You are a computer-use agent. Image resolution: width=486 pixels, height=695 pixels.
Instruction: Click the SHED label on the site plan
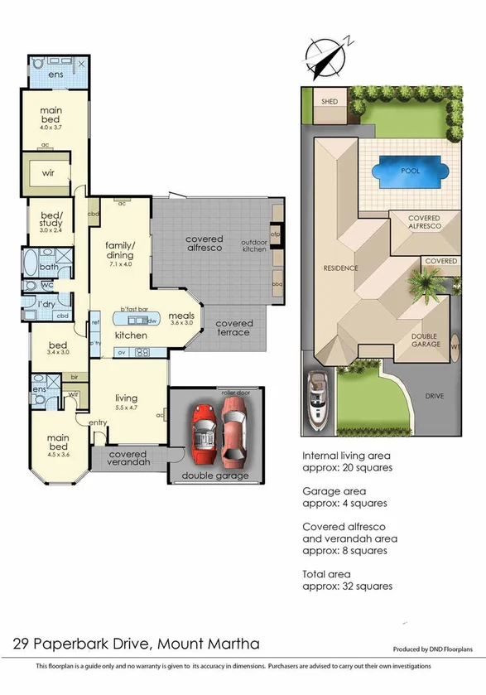[330, 101]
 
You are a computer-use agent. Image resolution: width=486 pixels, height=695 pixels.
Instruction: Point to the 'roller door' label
[235, 391]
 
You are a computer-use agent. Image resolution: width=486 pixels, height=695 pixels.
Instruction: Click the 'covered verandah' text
[128, 459]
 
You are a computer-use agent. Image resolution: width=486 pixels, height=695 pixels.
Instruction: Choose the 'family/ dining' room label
[120, 251]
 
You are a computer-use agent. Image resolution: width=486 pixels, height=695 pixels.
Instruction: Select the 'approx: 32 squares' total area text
[347, 586]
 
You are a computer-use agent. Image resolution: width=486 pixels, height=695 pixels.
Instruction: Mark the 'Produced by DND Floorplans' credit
[430, 650]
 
